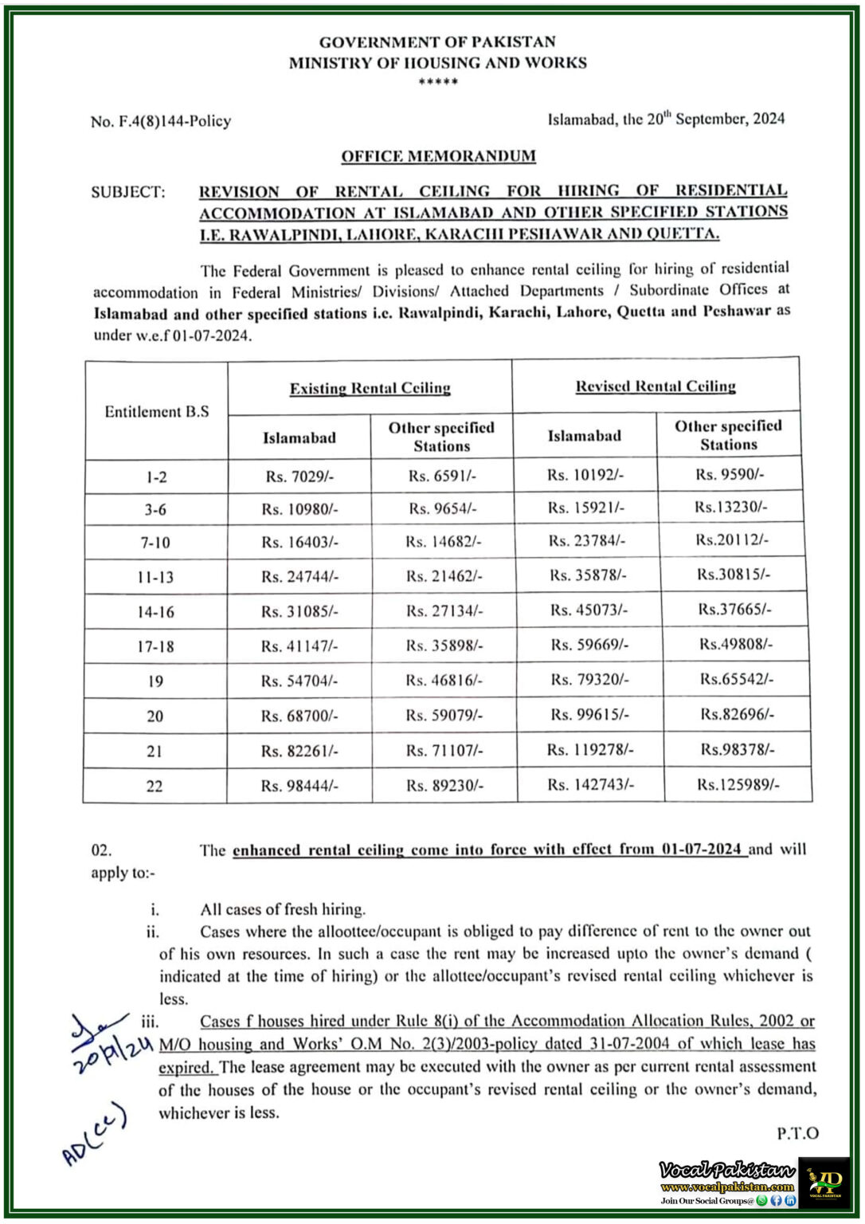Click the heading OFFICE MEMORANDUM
pyautogui.click(x=438, y=156)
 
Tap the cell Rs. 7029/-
pyautogui.click(x=299, y=477)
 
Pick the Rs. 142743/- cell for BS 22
pyautogui.click(x=590, y=785)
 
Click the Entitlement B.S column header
pyautogui.click(x=157, y=411)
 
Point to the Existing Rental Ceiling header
pyautogui.click(x=370, y=388)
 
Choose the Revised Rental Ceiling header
pyautogui.click(x=656, y=386)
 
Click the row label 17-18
pyautogui.click(x=155, y=646)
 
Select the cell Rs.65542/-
pyautogui.click(x=737, y=679)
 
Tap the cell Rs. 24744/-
pyautogui.click(x=299, y=577)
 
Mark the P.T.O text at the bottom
pyautogui.click(x=797, y=1133)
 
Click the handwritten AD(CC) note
pyautogui.click(x=94, y=1135)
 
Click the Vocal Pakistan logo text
pyautogui.click(x=726, y=1170)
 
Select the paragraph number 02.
pyautogui.click(x=101, y=850)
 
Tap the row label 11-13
pyautogui.click(x=155, y=577)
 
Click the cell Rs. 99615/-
pyautogui.click(x=589, y=715)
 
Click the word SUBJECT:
pyautogui.click(x=128, y=192)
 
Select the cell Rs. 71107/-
pyautogui.click(x=444, y=751)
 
